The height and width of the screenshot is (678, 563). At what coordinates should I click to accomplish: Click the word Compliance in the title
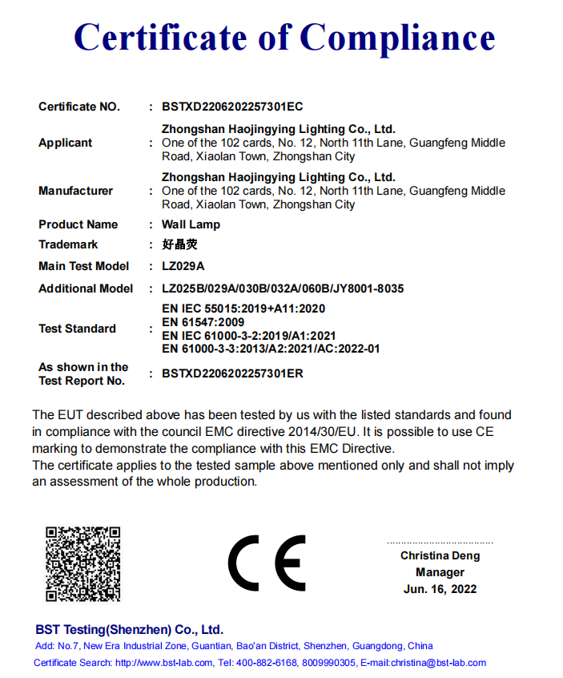click(397, 38)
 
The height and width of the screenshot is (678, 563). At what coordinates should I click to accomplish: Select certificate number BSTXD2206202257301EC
click(232, 107)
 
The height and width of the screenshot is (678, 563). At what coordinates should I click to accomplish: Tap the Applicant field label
click(66, 143)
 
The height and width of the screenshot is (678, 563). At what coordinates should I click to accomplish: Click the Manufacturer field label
click(75, 191)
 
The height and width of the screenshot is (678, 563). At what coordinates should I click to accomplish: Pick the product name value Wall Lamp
click(191, 224)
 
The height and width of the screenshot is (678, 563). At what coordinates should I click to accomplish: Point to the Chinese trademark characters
click(179, 244)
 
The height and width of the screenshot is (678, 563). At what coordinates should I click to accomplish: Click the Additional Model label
click(86, 289)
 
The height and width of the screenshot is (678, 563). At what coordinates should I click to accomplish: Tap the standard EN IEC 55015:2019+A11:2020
click(243, 309)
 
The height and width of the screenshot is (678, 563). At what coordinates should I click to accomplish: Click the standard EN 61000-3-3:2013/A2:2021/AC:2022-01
click(271, 349)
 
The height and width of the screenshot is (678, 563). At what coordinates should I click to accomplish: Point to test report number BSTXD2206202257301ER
click(232, 373)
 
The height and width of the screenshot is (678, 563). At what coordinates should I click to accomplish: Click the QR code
click(82, 563)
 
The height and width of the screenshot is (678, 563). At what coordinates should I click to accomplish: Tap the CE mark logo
click(267, 563)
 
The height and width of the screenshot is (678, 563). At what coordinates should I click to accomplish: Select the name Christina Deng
click(440, 555)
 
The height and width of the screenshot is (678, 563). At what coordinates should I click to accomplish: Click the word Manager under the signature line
click(440, 572)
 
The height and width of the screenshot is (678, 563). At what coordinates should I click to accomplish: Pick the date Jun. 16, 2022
click(440, 589)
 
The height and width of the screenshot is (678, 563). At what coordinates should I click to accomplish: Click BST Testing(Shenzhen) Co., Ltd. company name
click(129, 629)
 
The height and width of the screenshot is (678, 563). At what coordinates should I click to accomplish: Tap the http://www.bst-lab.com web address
click(164, 663)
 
